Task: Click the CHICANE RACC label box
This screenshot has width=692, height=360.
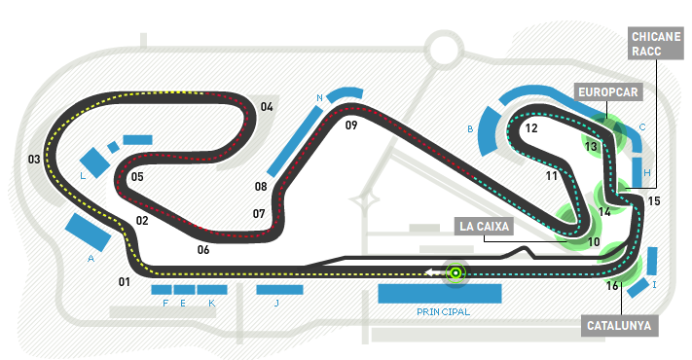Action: [x=655, y=43]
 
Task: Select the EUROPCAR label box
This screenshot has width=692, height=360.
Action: [x=608, y=92]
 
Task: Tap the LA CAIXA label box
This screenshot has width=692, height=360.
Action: [x=484, y=227]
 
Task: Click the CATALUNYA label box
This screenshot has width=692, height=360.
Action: [x=619, y=326]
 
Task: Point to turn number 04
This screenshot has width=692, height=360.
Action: [x=267, y=107]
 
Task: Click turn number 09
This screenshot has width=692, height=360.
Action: [x=351, y=126]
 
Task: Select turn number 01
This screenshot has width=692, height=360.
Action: [x=125, y=281]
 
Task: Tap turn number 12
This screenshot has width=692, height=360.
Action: [x=531, y=128]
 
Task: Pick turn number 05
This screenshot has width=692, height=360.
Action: [x=137, y=177]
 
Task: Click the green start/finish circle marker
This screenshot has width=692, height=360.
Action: [x=455, y=273]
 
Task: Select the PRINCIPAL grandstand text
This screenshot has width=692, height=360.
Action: [x=443, y=312]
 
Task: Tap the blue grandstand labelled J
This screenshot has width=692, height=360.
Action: [x=279, y=290]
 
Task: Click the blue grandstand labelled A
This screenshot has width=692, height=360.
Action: [x=88, y=233]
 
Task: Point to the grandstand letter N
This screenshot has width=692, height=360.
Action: [x=320, y=98]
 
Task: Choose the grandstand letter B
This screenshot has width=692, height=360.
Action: [x=470, y=129]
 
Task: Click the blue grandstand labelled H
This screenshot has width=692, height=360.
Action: [x=637, y=172]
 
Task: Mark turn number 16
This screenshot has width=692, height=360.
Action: [x=612, y=286]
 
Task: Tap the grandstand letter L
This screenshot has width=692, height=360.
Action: [x=83, y=176]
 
